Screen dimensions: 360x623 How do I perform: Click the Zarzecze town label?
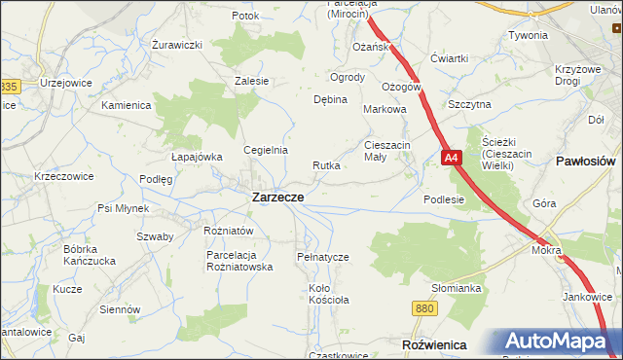pos(277,197)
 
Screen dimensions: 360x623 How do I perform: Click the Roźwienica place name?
pos(434,345)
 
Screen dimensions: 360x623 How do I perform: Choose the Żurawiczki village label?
pos(177,45)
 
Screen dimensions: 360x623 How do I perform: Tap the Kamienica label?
pos(125,104)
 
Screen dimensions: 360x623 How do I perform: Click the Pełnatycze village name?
pos(322,257)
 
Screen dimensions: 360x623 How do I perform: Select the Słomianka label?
pos(458,288)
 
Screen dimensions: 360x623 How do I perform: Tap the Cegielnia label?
pos(266,150)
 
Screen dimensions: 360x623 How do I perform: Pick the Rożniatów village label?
pos(229,231)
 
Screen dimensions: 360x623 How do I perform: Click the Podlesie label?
pos(444,199)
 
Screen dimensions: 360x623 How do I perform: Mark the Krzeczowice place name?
pos(63,176)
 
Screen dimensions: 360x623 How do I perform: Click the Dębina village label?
pos(330,99)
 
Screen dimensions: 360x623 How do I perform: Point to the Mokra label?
pos(546,250)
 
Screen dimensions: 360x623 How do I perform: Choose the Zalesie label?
pos(251,81)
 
